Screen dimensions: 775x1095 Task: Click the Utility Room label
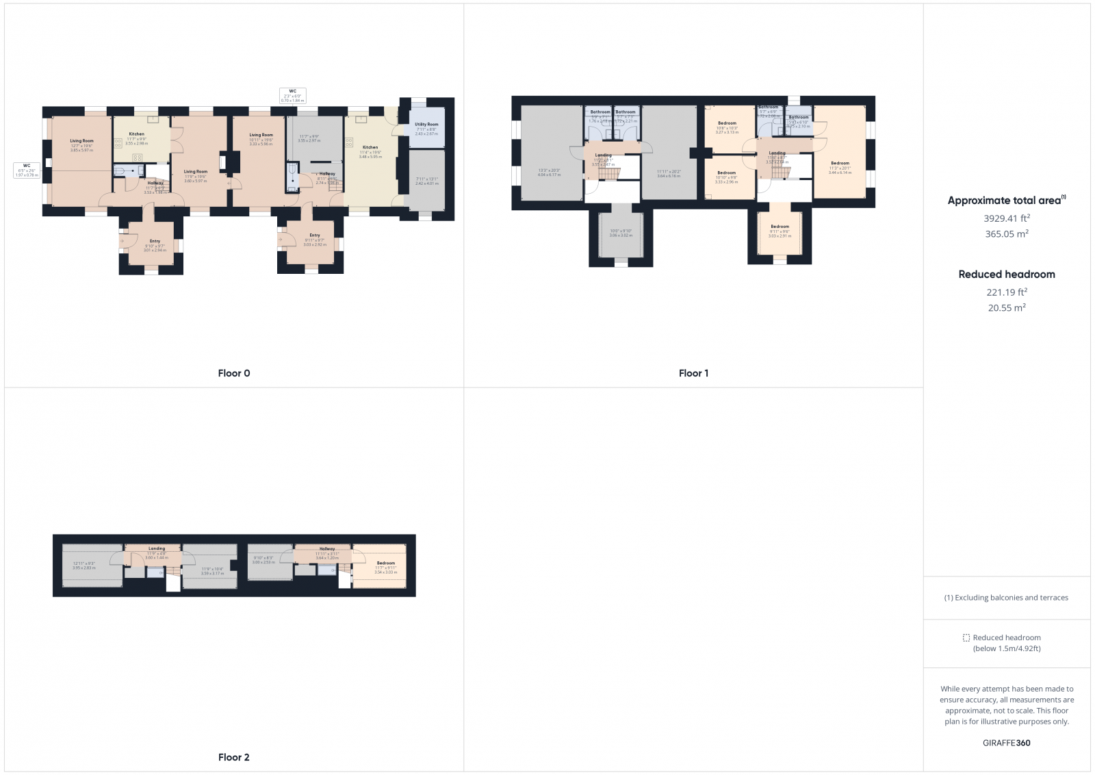(426, 125)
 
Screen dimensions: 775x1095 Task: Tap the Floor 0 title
(234, 373)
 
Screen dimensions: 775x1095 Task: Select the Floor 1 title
(693, 373)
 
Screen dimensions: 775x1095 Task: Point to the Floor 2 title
(234, 757)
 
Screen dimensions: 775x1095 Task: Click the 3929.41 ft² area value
(1006, 218)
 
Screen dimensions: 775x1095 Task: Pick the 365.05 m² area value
(1006, 234)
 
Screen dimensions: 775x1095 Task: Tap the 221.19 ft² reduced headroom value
(1006, 292)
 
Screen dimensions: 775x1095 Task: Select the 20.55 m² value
(1006, 308)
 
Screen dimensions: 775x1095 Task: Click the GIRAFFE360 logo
(1006, 743)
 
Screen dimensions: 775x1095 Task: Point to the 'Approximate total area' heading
(1004, 201)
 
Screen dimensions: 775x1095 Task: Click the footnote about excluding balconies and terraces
(1006, 598)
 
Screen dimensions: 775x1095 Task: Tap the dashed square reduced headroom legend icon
(966, 637)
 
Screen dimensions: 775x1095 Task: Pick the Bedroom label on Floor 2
(385, 563)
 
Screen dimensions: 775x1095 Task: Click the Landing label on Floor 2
(157, 548)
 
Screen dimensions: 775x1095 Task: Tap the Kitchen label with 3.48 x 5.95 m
(370, 147)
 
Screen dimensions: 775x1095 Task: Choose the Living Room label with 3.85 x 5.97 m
(81, 141)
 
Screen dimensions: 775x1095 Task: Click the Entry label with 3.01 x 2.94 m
(155, 241)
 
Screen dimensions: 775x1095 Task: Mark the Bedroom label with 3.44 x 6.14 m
(840, 164)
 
